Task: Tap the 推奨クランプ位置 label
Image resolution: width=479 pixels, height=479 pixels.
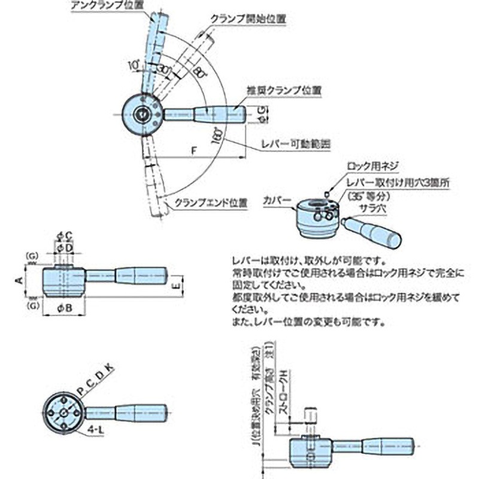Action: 283,90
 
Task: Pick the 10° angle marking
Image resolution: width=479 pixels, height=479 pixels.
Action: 133,63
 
